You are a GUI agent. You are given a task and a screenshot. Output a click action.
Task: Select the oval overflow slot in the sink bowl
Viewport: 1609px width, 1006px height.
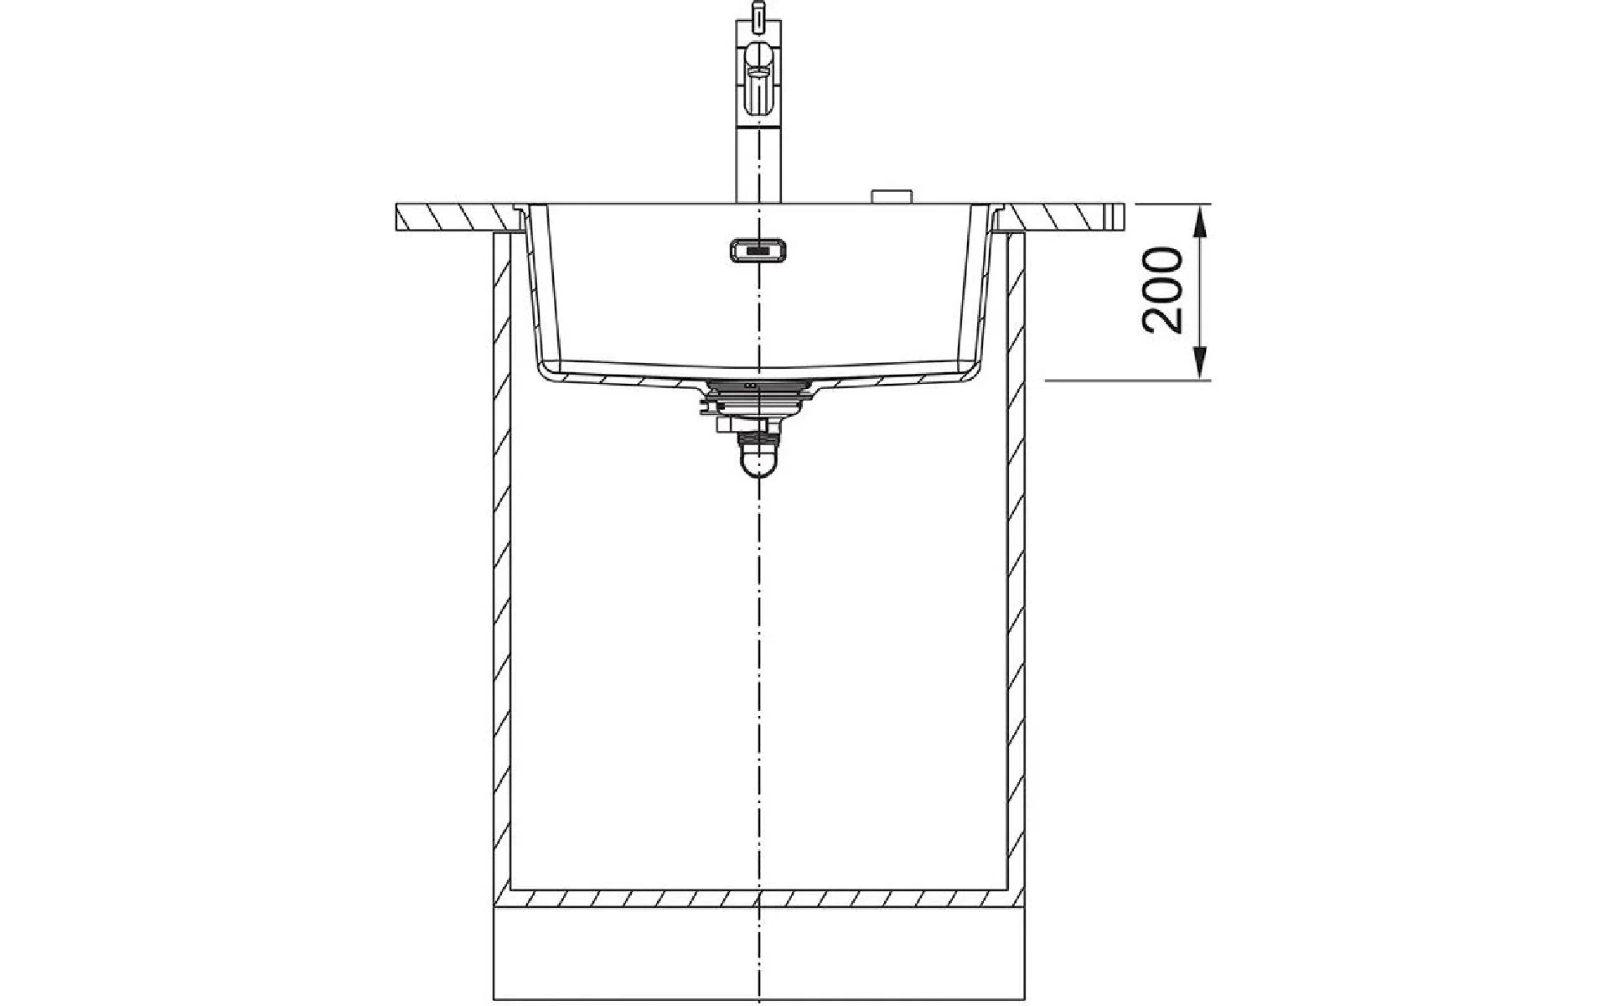point(758,249)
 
